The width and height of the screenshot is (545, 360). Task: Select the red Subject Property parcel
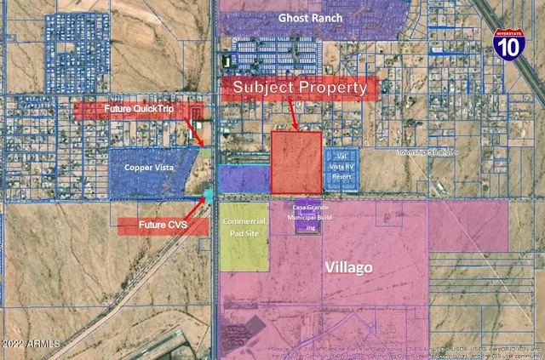(296, 162)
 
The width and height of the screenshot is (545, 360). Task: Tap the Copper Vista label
(149, 169)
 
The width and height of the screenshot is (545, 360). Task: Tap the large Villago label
(349, 267)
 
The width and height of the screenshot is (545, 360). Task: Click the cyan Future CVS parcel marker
(209, 196)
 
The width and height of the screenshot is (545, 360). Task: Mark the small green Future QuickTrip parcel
(206, 152)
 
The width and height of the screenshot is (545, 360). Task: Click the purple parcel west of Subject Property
(244, 178)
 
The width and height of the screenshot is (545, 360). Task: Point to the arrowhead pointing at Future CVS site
(204, 203)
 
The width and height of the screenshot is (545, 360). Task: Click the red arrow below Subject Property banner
(292, 113)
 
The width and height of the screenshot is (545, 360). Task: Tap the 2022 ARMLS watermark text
(31, 343)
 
